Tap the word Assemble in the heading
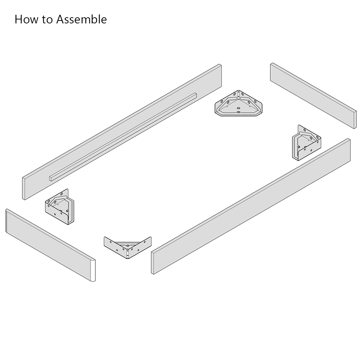pyautogui.click(x=81, y=19)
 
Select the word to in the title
pyautogui.click(x=48, y=20)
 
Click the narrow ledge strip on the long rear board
pyautogui.click(x=123, y=137)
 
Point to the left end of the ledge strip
pyautogui.click(x=50, y=179)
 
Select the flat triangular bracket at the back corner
pyautogui.click(x=239, y=103)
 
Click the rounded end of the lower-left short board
pyautogui.click(x=93, y=270)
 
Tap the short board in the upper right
pyautogui.click(x=314, y=95)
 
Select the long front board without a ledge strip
pyautogui.click(x=251, y=206)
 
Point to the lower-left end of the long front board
pyautogui.click(x=152, y=263)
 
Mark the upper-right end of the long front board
pyautogui.click(x=349, y=150)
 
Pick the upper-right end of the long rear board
pyautogui.click(x=220, y=75)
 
